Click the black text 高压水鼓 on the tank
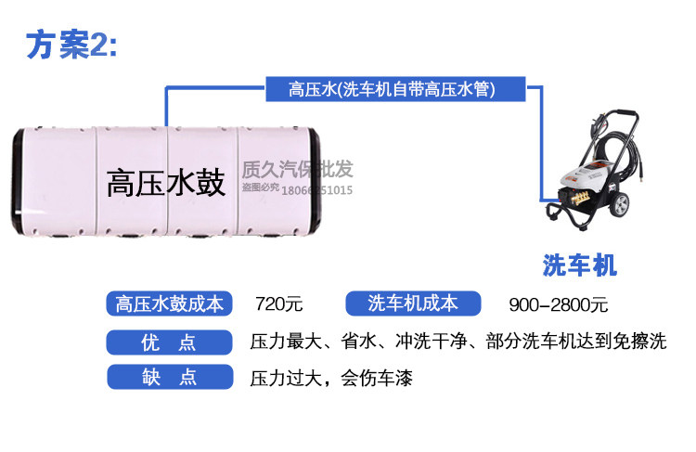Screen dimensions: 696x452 click(165, 182)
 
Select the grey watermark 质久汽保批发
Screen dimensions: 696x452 click(297, 170)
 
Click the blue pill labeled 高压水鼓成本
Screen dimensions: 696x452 click(169, 303)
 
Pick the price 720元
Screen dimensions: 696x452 click(279, 304)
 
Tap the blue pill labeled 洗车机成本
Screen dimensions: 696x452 click(413, 303)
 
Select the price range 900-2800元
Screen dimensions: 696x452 click(558, 304)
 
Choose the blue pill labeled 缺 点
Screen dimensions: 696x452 click(169, 378)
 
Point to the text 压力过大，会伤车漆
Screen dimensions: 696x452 click(330, 379)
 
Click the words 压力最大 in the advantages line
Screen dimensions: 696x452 click(285, 342)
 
